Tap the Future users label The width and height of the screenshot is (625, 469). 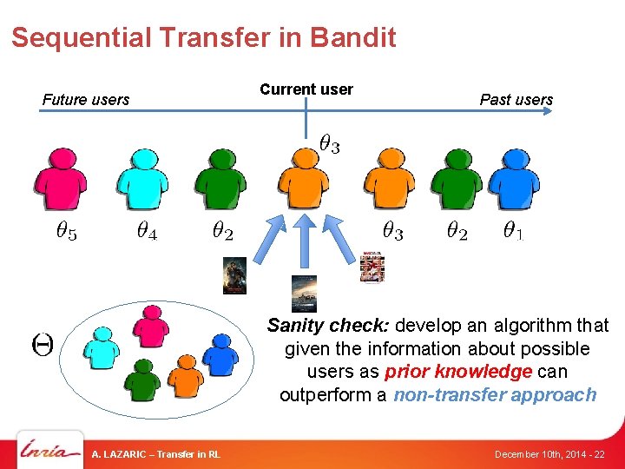tap(86, 100)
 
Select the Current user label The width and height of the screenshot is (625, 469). tap(306, 89)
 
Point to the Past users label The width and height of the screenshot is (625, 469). tap(516, 100)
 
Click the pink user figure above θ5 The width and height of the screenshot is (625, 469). tap(60, 178)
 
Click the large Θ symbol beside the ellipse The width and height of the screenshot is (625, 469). tap(42, 344)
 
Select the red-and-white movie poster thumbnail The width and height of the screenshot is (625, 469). tap(372, 267)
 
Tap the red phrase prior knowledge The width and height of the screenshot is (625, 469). tap(457, 372)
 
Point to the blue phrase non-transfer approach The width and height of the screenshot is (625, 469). tap(495, 395)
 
